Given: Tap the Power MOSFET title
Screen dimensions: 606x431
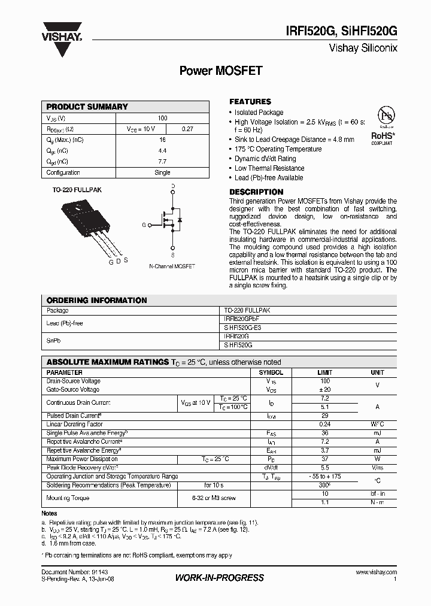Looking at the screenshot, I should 221,71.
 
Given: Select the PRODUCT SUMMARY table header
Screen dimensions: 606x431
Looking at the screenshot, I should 87,107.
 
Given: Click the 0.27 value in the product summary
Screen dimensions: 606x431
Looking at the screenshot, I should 187,129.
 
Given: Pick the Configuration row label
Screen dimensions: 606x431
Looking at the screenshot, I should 63,172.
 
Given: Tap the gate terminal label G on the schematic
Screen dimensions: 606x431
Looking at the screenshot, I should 144,225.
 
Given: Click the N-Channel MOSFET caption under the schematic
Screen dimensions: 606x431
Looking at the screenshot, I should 172,266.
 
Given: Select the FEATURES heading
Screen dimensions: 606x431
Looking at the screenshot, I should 250,102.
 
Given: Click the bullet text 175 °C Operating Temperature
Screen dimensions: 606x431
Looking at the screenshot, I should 278,149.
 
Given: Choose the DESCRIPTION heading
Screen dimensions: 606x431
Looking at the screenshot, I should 256,192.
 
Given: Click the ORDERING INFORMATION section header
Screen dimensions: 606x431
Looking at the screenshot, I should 97,300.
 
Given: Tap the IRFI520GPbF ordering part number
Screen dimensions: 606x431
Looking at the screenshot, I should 242,320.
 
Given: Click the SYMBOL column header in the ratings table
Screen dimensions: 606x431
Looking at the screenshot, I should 271,372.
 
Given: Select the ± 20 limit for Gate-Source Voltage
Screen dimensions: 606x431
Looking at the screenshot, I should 324,389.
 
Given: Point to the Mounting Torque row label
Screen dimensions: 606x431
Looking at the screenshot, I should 68,498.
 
